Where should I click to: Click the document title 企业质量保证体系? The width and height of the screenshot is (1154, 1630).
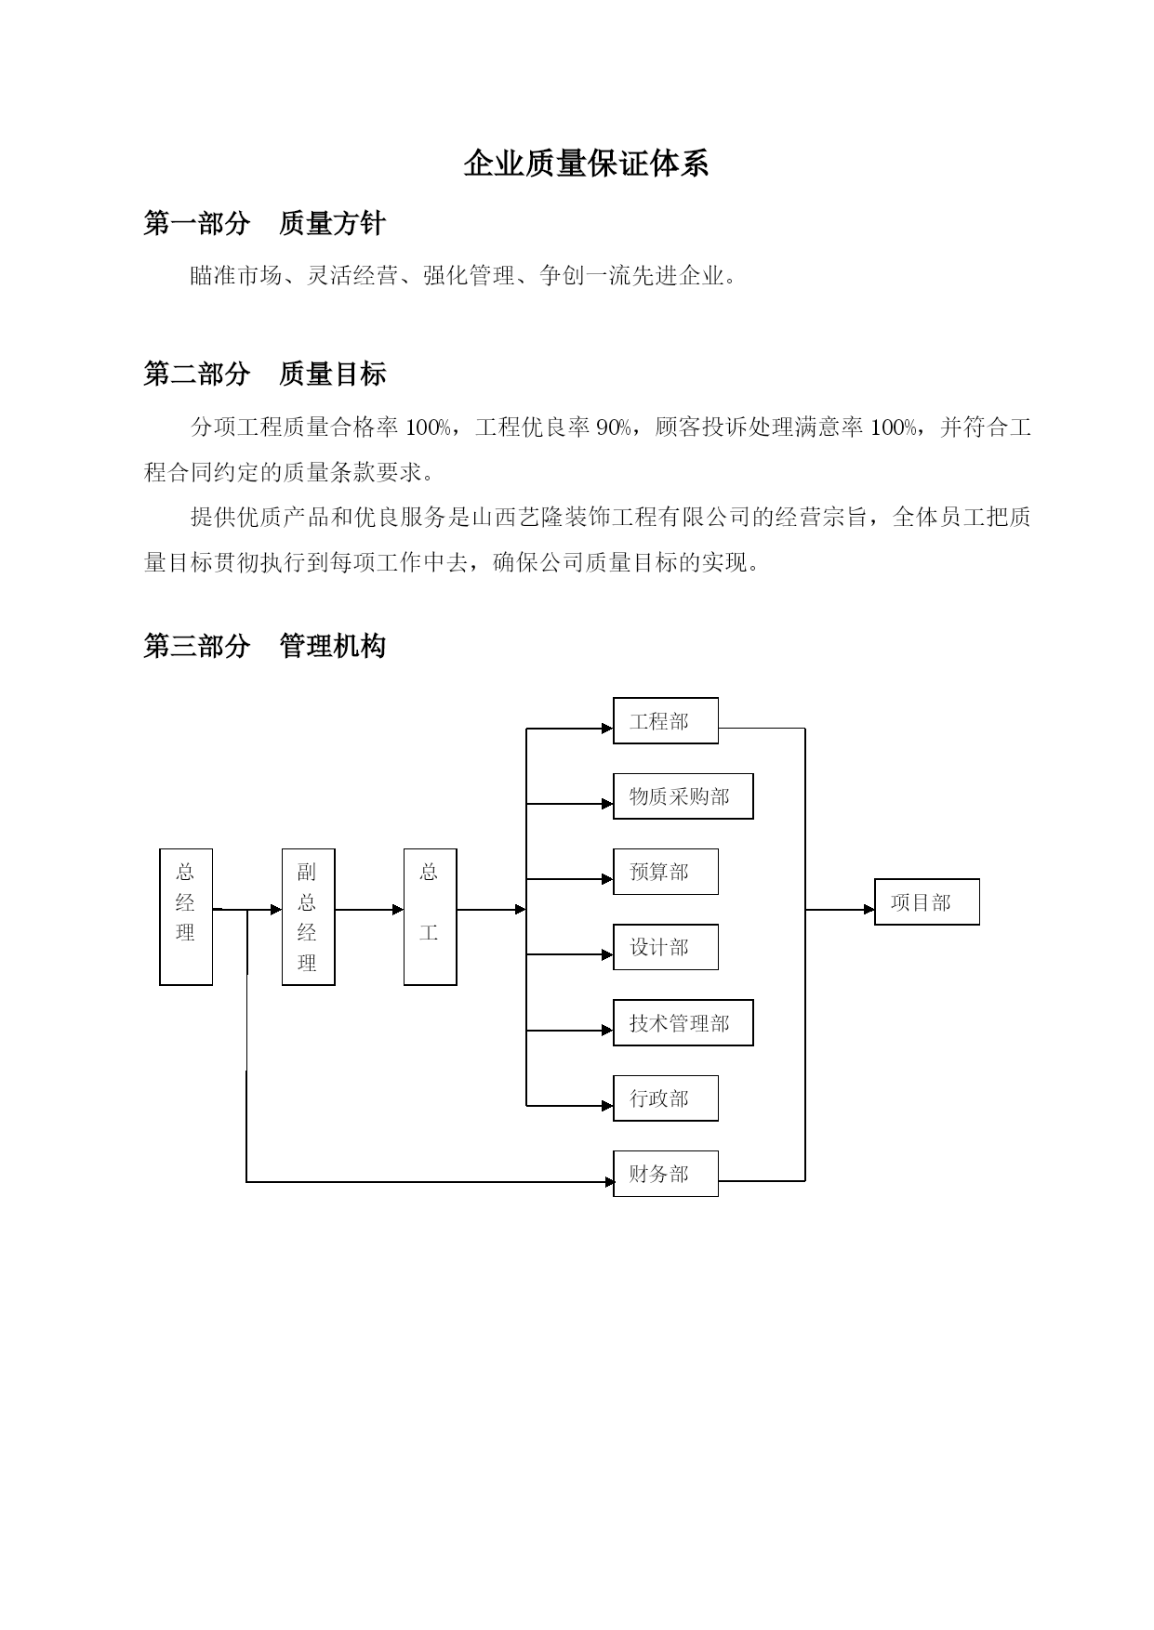[586, 164]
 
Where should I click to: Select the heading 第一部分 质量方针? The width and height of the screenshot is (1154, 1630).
[265, 223]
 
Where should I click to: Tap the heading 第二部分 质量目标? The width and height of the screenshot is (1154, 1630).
[265, 375]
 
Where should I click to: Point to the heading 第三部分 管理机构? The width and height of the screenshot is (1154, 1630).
[265, 646]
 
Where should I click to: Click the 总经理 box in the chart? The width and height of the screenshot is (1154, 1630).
[186, 916]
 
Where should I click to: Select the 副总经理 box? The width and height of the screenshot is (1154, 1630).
[308, 916]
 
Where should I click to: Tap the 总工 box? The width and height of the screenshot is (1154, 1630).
[430, 916]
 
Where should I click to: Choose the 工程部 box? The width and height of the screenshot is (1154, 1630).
[666, 721]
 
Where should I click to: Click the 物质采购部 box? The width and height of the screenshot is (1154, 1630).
[683, 796]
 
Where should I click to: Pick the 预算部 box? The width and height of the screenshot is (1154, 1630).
[666, 872]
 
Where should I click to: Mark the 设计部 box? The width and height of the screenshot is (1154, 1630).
[666, 947]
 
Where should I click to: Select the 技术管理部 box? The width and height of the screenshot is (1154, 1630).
[683, 1023]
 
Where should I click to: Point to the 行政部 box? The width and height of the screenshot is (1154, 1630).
[666, 1098]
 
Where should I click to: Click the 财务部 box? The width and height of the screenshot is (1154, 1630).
[666, 1174]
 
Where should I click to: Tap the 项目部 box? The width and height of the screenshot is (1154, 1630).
[927, 902]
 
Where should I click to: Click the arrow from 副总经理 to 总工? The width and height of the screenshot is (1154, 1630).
[369, 910]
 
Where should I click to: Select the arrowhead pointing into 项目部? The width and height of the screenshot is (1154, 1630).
[869, 910]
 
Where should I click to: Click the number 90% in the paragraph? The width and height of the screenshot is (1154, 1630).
[615, 427]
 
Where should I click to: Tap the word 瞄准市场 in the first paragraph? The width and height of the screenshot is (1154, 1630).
[236, 276]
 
